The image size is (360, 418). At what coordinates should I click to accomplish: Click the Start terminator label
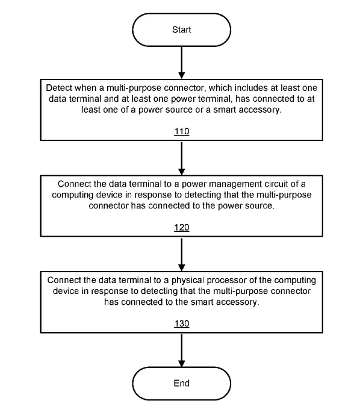click(181, 30)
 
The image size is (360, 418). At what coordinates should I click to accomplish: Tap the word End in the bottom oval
click(181, 383)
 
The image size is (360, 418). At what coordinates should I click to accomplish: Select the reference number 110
click(182, 131)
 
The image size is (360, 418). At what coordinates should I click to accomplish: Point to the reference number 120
click(182, 228)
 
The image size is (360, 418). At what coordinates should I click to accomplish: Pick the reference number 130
click(182, 323)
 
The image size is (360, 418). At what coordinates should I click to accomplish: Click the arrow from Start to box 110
click(182, 63)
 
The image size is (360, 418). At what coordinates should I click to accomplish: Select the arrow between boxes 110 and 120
click(182, 158)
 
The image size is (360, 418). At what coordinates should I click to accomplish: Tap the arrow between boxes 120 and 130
click(182, 254)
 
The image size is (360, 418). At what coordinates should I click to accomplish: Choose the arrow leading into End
click(182, 350)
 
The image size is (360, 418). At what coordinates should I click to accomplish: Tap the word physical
click(188, 281)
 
